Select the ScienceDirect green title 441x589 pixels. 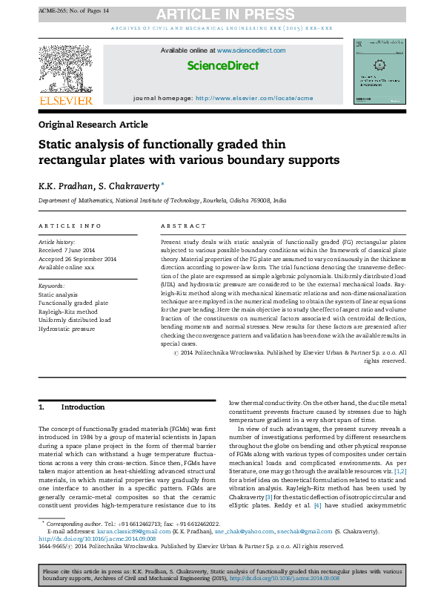point(222,66)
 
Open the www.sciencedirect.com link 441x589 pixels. point(251,50)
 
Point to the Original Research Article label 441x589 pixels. point(93,125)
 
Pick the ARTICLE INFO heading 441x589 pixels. point(70,226)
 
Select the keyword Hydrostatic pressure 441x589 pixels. point(67,328)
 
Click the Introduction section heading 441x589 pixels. point(82,407)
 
